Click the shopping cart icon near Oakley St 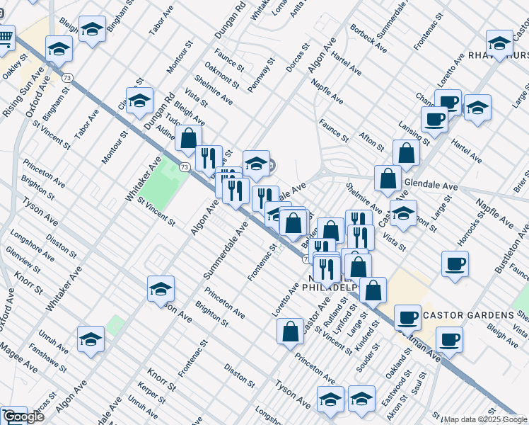point(6,36)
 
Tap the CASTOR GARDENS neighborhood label point(469,314)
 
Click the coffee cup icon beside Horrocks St point(455,264)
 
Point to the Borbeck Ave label point(368,39)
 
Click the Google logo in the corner point(24,416)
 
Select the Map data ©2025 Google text point(485,419)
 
